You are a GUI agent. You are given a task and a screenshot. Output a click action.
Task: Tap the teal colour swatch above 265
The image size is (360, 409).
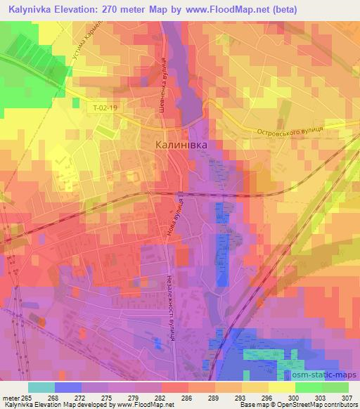[x=41, y=387]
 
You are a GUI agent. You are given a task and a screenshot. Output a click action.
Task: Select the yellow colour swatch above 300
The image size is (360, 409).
[x=281, y=387]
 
